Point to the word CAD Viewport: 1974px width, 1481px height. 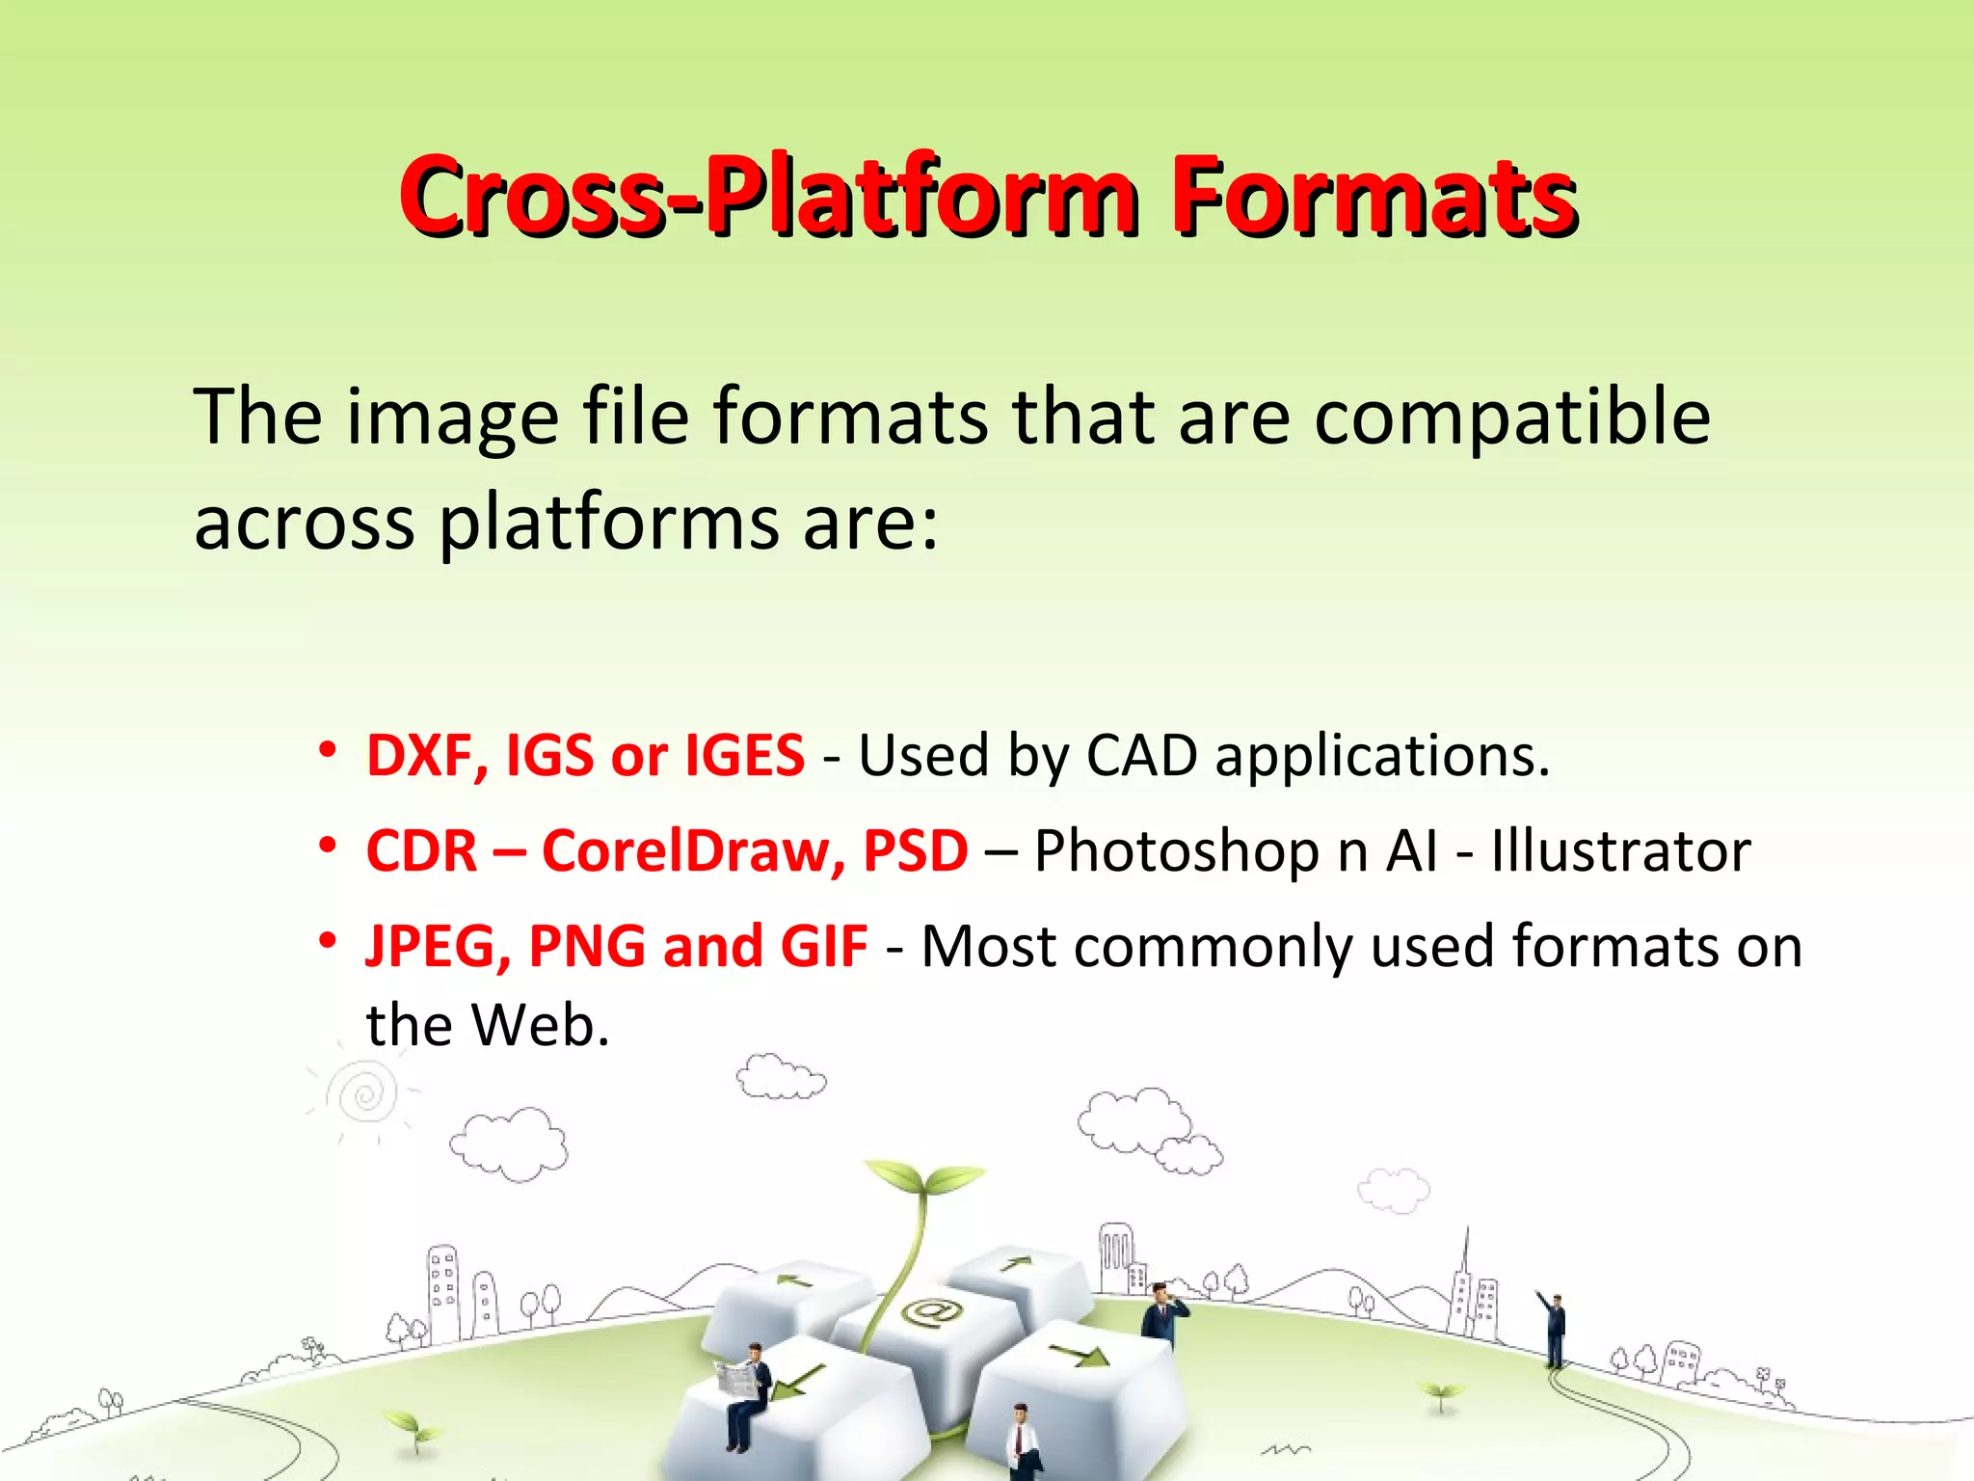point(1141,755)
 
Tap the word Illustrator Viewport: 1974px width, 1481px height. point(1619,851)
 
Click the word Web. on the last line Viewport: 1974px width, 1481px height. point(540,1025)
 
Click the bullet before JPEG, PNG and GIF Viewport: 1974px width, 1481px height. point(329,939)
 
